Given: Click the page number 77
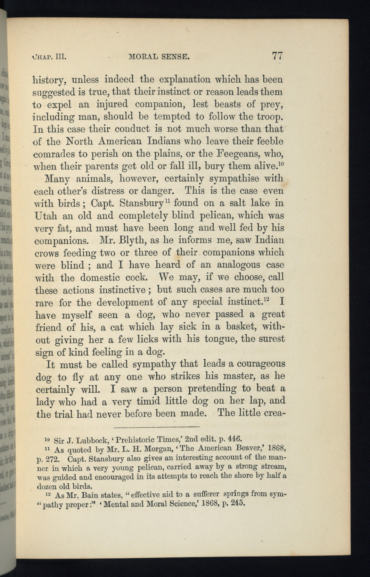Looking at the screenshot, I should pos(277,56).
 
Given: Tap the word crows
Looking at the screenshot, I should pos(46,253).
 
